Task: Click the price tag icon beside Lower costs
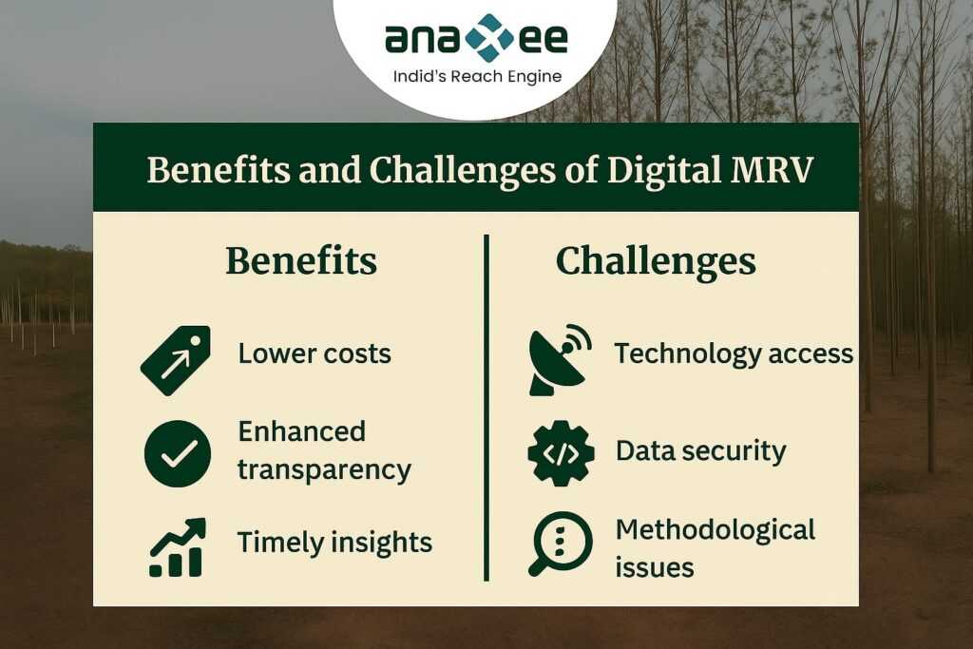point(175,360)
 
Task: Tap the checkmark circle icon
point(178,453)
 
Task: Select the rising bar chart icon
point(178,547)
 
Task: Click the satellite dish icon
point(559,359)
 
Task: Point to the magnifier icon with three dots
point(560,545)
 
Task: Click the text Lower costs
point(315,354)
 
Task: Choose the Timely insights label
point(334,543)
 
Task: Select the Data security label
point(700,450)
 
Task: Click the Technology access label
point(734,353)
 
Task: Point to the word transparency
point(324,469)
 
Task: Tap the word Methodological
point(715,529)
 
